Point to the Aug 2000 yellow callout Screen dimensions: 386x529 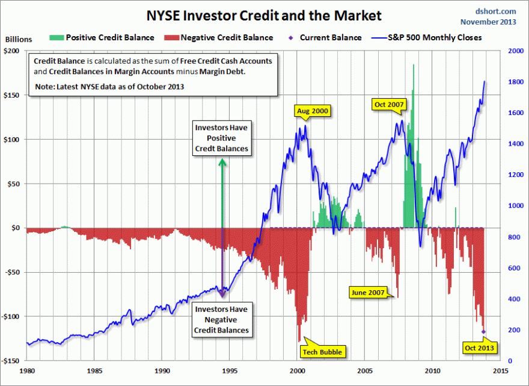tap(313, 111)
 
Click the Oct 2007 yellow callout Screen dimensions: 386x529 tap(389, 104)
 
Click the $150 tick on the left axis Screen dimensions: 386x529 tap(14, 95)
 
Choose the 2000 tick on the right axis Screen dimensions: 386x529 tap(515, 51)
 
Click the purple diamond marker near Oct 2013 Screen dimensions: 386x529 tap(483, 331)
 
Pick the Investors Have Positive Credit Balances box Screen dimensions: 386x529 tap(221, 138)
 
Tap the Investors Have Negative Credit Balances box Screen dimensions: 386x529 tap(221, 320)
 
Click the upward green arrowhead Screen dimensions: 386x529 tap(222, 162)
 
